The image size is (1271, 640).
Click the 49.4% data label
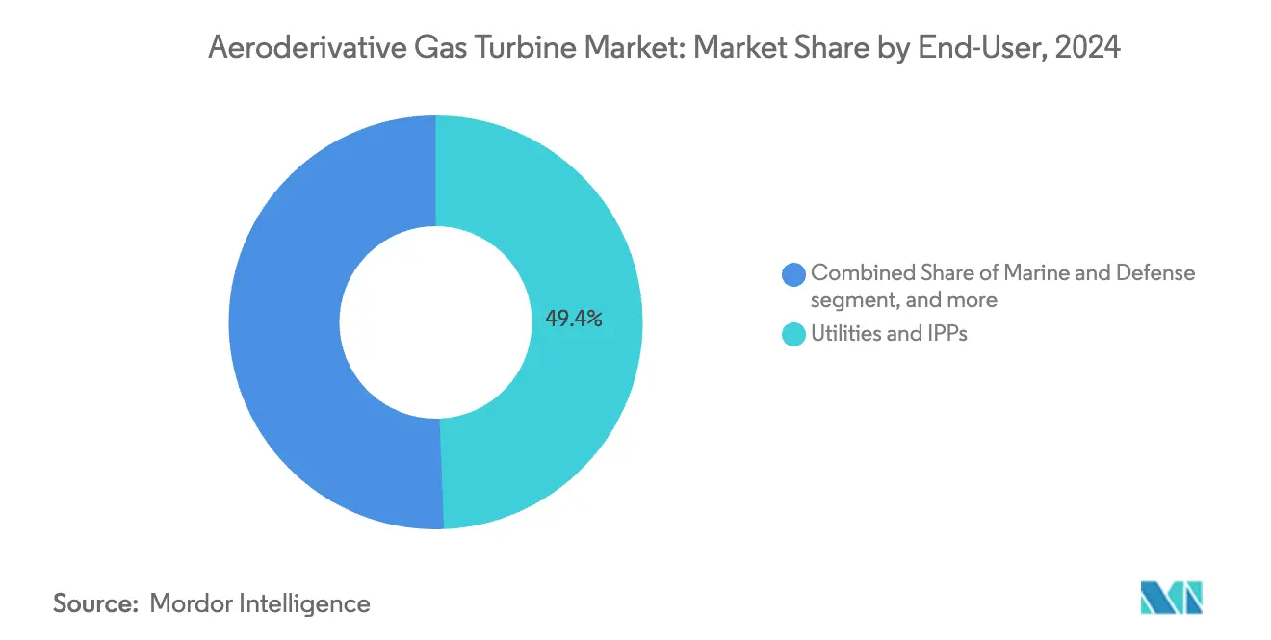coord(574,320)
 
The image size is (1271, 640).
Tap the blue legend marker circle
coord(794,274)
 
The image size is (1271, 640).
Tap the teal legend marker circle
coord(794,335)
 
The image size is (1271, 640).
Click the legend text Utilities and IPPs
coord(889,335)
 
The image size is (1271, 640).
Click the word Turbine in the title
coord(501,47)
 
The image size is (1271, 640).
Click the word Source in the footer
coord(91,603)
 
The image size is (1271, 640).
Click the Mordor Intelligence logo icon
coord(1171,597)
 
